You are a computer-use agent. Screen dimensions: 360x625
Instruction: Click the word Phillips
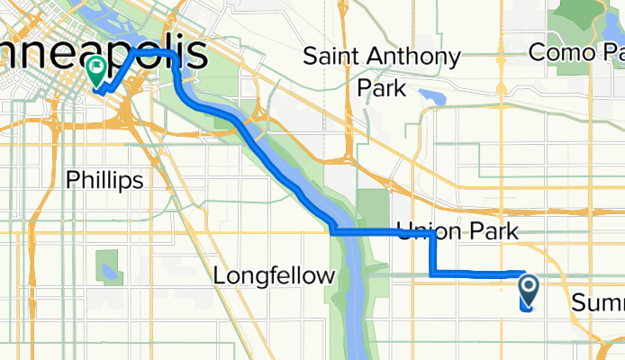point(104,180)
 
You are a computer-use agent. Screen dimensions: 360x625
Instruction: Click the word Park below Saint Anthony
point(381,88)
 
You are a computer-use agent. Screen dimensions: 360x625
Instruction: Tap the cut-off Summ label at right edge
point(597,302)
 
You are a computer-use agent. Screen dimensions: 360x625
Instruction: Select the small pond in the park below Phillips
point(110,271)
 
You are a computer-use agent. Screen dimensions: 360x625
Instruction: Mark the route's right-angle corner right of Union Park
point(434,234)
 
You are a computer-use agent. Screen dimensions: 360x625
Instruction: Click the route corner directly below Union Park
point(433,272)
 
